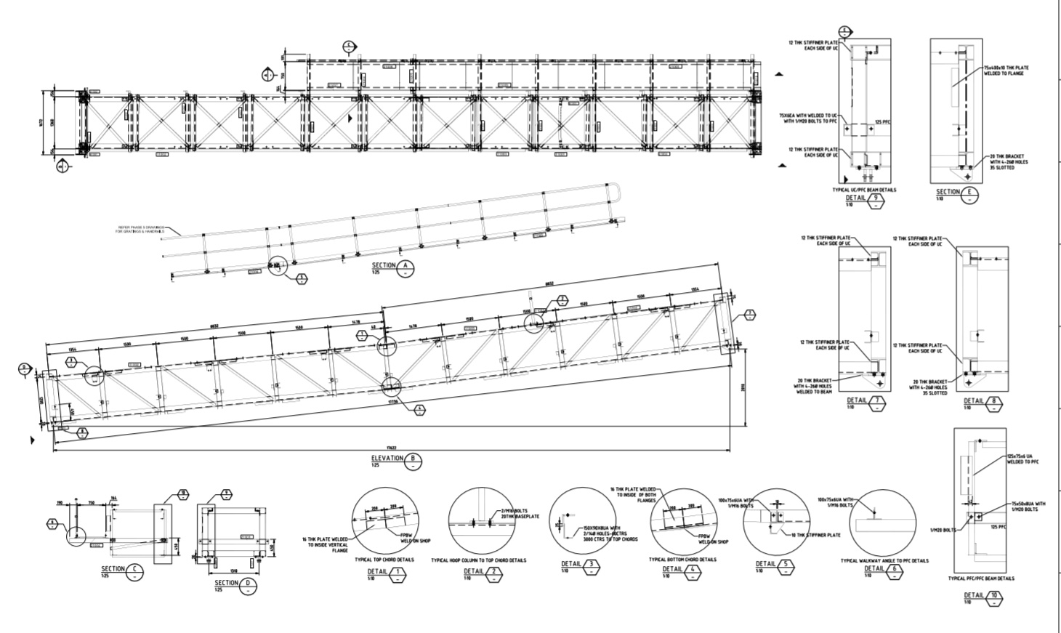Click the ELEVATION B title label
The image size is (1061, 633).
pyautogui.click(x=387, y=459)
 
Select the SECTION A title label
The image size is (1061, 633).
pyautogui.click(x=384, y=266)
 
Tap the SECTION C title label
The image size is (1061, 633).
pyautogui.click(x=113, y=569)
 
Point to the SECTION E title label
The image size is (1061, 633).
pyautogui.click(x=948, y=192)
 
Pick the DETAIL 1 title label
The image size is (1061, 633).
pyautogui.click(x=378, y=572)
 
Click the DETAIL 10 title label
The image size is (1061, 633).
pyautogui.click(x=974, y=595)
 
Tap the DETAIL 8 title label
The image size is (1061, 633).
pyautogui.click(x=974, y=400)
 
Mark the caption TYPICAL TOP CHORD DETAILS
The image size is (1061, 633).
pyautogui.click(x=384, y=560)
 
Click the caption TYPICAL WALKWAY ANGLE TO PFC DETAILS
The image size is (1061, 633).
pyautogui.click(x=884, y=560)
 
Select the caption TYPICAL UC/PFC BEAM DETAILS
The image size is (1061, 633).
pyautogui.click(x=864, y=190)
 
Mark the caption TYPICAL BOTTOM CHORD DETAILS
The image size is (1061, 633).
pyautogui.click(x=682, y=560)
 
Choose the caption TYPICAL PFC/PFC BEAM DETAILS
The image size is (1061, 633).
pyautogui.click(x=981, y=578)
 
